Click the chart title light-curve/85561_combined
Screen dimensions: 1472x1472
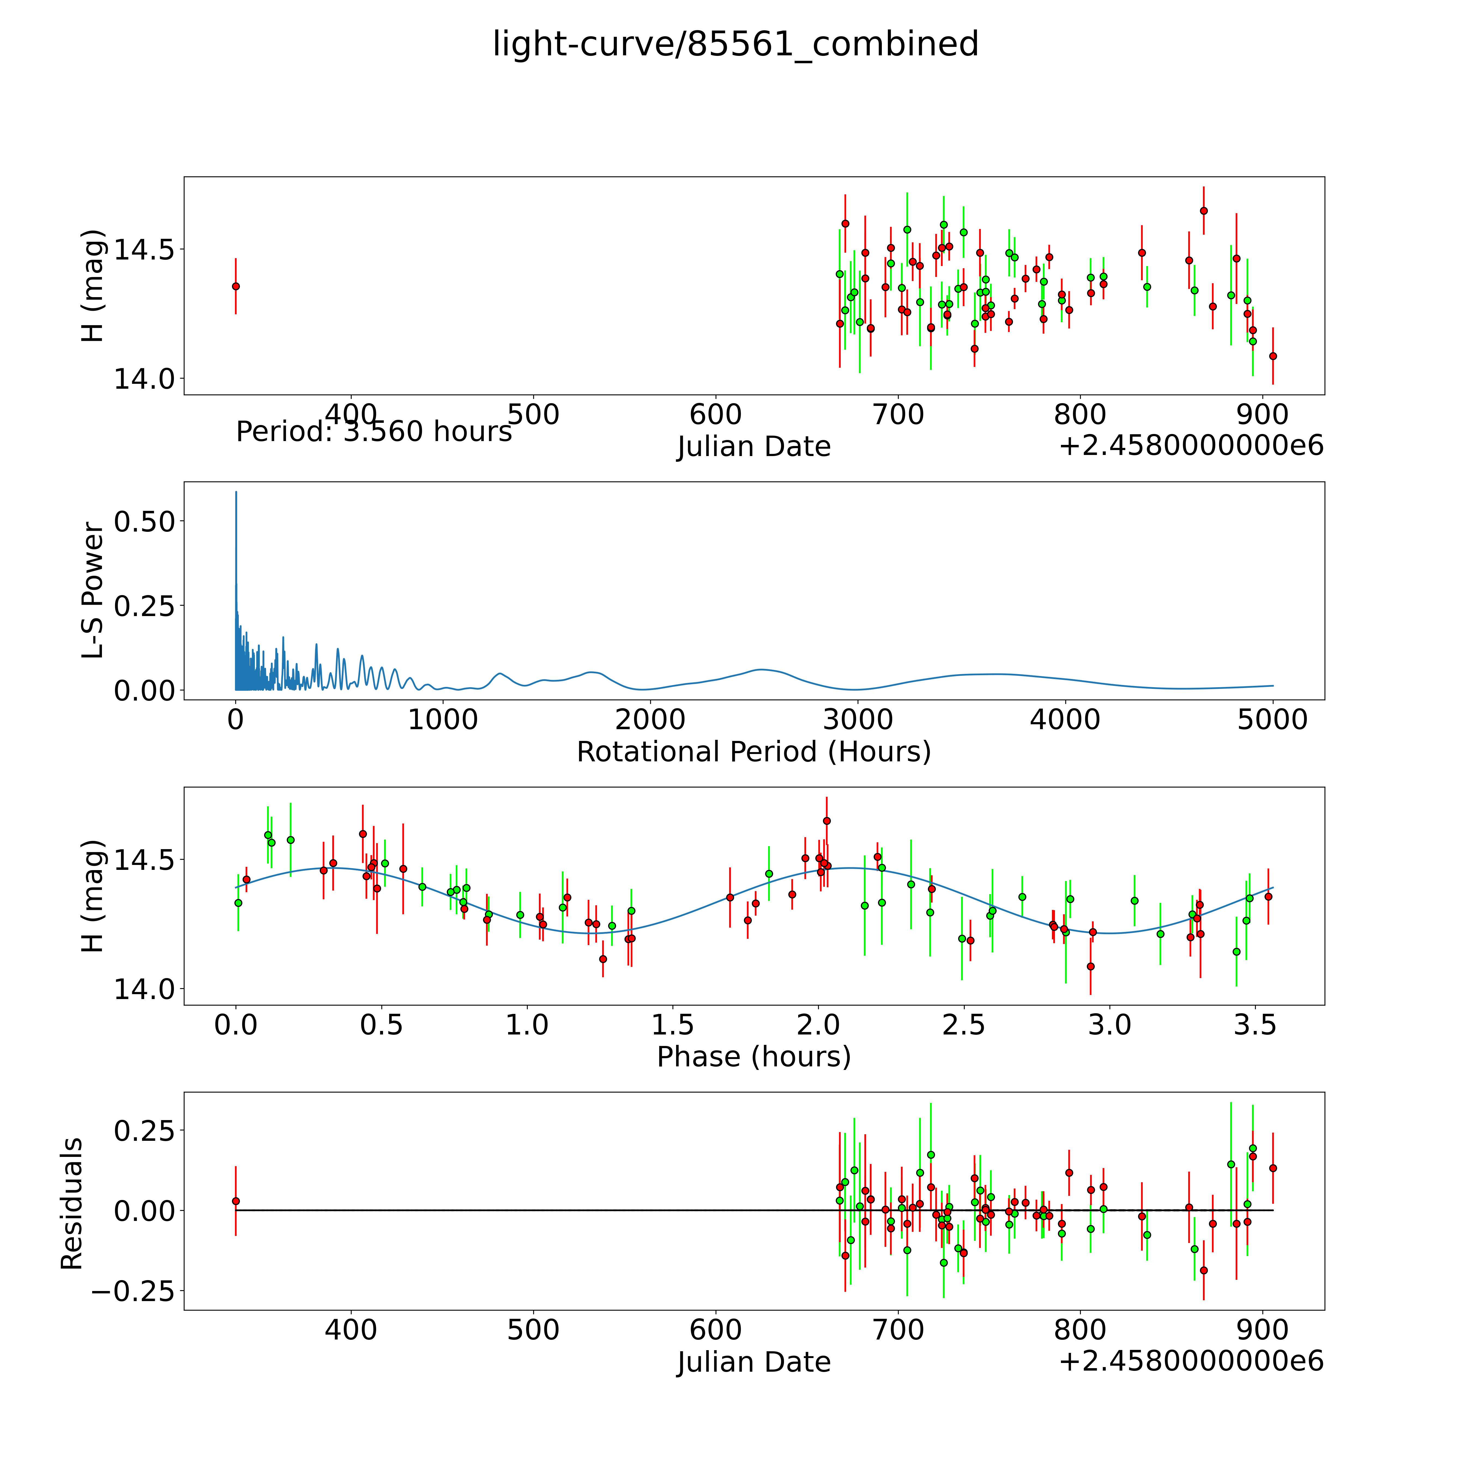coord(735,44)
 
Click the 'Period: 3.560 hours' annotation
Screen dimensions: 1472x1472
coord(373,432)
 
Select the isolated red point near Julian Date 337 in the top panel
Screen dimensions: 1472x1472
coord(236,286)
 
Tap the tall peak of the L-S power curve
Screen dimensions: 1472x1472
coord(236,494)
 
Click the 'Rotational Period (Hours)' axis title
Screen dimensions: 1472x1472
coord(753,752)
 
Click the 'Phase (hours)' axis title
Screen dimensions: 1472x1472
coord(753,1057)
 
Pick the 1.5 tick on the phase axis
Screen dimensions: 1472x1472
coord(673,1025)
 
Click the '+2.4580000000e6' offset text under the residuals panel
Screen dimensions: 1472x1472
coord(1191,1361)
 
